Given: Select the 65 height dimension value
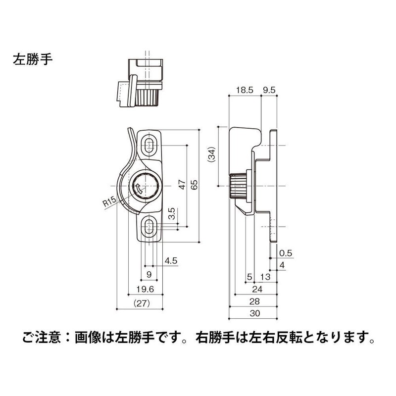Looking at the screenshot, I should (194, 185).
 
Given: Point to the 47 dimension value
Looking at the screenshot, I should (182, 185).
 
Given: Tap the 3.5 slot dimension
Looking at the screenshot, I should (171, 214).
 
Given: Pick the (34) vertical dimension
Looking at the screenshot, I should (212, 155).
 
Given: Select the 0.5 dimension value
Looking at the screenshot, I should (286, 253).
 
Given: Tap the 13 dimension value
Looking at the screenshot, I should (265, 276).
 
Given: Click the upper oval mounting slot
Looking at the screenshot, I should (149, 144).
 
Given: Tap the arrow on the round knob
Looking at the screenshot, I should (139, 188).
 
